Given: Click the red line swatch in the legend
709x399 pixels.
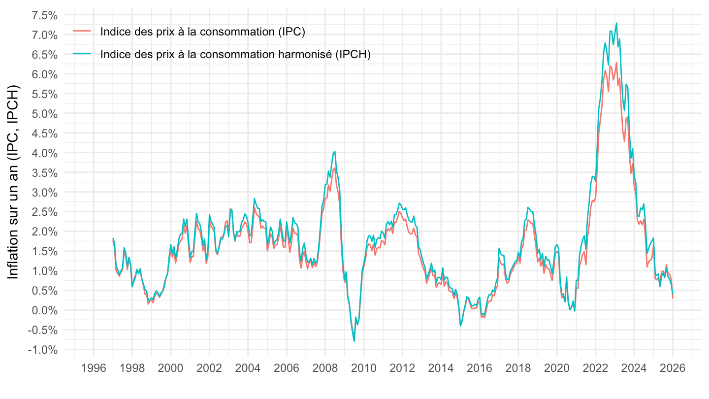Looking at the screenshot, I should pyautogui.click(x=82, y=31).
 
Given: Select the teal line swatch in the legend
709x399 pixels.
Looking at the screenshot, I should pyautogui.click(x=82, y=54).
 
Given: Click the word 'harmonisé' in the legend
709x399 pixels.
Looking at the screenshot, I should pyautogui.click(x=308, y=54).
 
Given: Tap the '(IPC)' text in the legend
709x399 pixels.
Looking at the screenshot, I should pyautogui.click(x=291, y=32).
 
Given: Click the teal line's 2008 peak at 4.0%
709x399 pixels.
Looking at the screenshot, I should pyautogui.click(x=335, y=152).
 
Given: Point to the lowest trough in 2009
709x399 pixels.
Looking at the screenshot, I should pyautogui.click(x=354, y=341).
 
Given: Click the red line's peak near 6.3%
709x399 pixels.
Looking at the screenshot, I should pyautogui.click(x=616, y=63).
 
